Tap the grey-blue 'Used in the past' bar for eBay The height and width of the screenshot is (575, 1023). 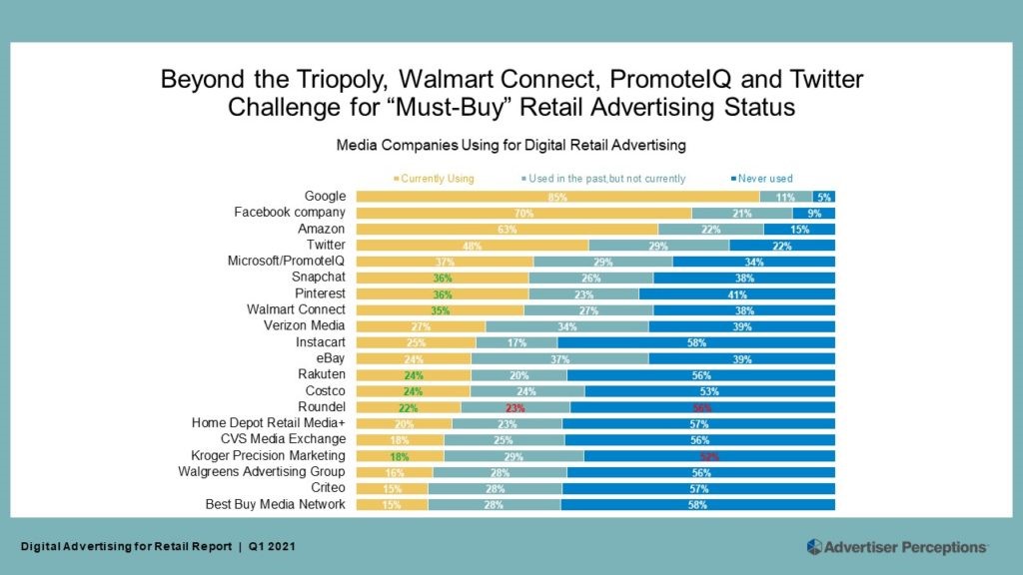click(559, 358)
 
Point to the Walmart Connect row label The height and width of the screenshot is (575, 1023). click(296, 309)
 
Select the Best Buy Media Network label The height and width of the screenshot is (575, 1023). click(275, 504)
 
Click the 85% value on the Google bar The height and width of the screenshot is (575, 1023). click(557, 198)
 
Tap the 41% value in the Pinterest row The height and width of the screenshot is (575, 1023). click(737, 294)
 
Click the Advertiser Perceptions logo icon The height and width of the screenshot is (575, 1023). click(814, 546)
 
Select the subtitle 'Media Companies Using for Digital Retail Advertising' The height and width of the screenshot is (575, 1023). click(511, 145)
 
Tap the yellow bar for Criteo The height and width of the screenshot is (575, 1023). click(392, 488)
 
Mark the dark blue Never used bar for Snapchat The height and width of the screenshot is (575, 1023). click(744, 278)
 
